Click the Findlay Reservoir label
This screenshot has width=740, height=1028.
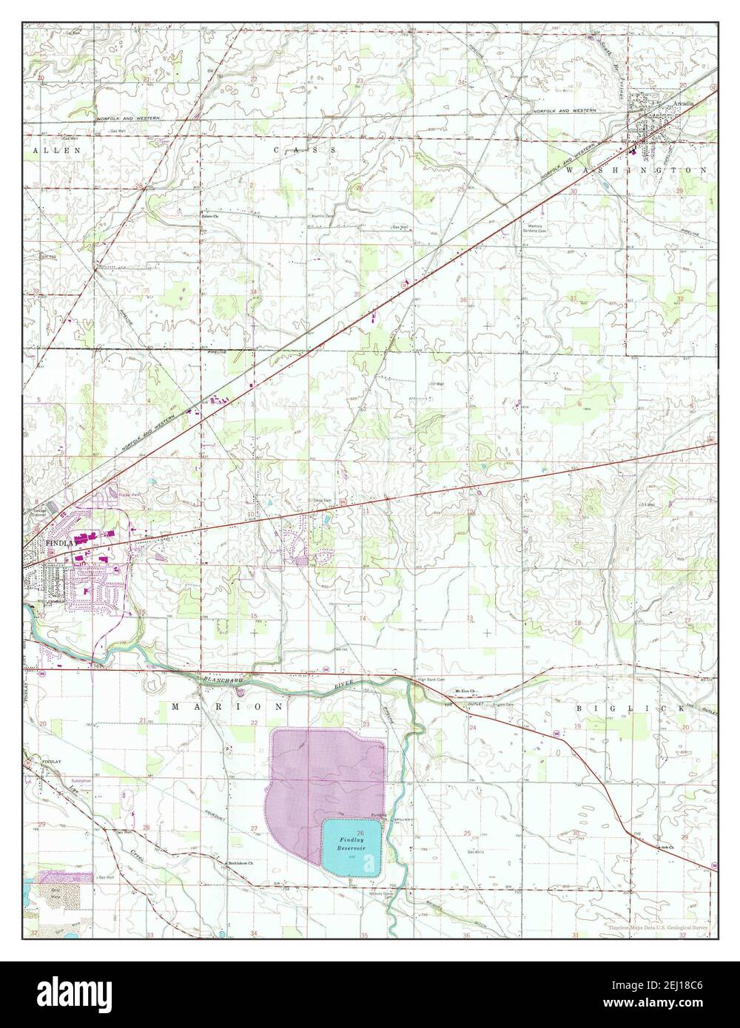point(352,845)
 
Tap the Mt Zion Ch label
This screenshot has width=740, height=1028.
point(464,692)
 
